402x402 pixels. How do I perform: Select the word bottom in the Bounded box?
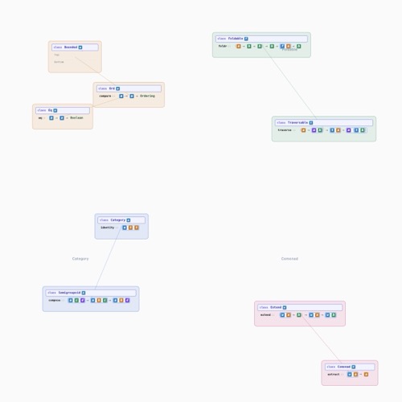tap(59, 62)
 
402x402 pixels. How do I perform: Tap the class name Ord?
tap(112, 88)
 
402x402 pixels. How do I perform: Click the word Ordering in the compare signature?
tap(147, 96)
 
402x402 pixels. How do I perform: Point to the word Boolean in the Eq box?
tap(76, 117)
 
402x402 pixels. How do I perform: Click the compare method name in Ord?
tap(105, 96)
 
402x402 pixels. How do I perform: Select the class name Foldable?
tap(235, 39)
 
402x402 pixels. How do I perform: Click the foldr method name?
tap(223, 46)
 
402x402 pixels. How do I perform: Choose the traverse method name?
tap(285, 130)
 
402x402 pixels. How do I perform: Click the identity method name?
tap(108, 228)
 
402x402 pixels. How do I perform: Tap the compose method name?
tap(55, 300)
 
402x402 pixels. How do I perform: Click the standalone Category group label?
tap(80, 259)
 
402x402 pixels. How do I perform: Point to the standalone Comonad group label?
tap(289, 259)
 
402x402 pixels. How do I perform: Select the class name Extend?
tap(276, 307)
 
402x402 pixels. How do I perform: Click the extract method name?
tap(334, 374)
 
